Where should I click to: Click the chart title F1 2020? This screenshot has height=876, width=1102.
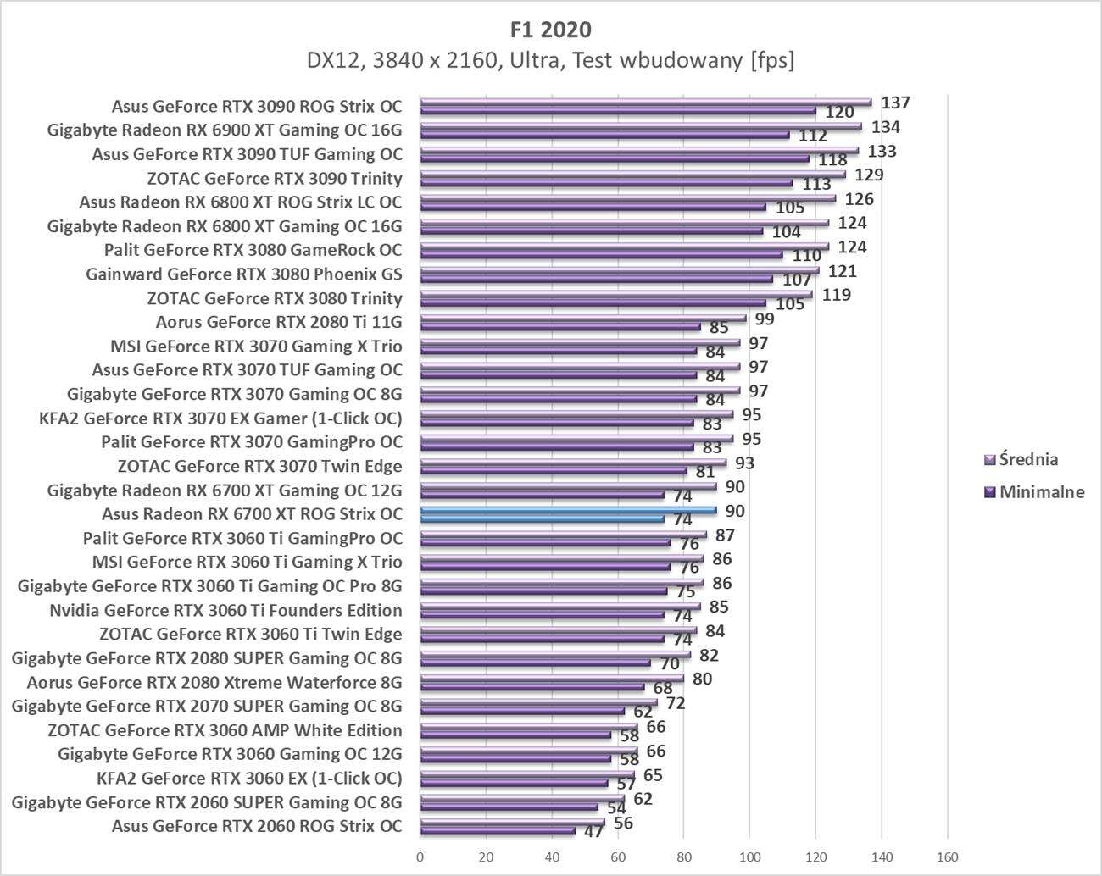click(x=551, y=29)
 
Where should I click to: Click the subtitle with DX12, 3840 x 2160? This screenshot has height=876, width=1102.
click(x=551, y=61)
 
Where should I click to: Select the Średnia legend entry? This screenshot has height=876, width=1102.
click(x=1028, y=459)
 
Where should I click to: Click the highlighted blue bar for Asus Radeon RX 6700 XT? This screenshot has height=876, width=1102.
click(x=568, y=510)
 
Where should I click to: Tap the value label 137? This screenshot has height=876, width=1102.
click(x=895, y=103)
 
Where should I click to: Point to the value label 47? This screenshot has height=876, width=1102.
click(x=593, y=831)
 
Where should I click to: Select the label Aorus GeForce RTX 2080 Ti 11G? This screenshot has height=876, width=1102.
click(x=279, y=322)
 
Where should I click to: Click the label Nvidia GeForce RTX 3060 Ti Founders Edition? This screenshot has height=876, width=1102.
click(x=225, y=610)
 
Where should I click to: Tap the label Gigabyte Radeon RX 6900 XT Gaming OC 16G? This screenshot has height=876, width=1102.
click(x=225, y=130)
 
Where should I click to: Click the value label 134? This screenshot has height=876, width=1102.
click(x=886, y=127)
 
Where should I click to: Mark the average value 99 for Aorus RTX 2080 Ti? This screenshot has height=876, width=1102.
click(x=765, y=319)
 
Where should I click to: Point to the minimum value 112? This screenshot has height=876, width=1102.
click(x=812, y=136)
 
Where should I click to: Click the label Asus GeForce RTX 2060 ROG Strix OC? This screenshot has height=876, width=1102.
click(x=257, y=826)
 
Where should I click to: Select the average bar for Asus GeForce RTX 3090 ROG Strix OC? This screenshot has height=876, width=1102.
click(x=645, y=102)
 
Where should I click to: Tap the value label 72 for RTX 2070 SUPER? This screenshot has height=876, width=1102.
click(x=676, y=702)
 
